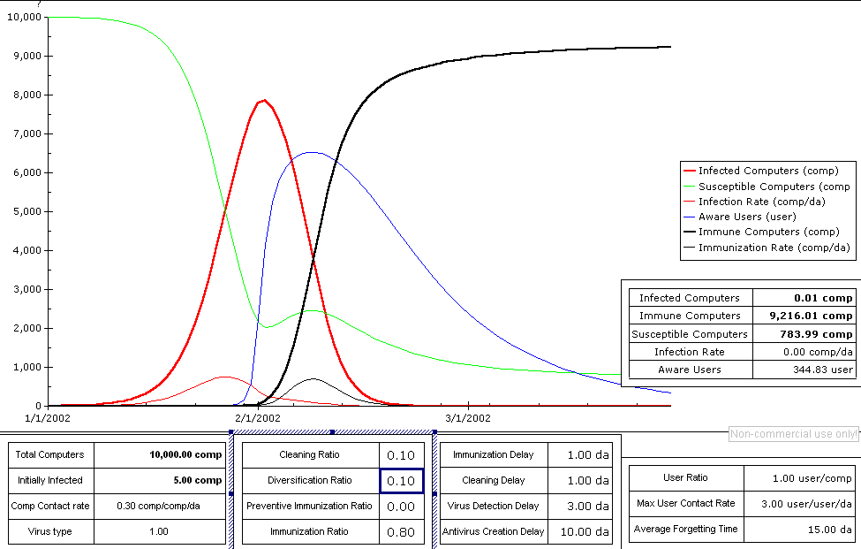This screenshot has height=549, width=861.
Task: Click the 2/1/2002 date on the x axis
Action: [257, 417]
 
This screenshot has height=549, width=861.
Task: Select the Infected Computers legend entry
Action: [767, 171]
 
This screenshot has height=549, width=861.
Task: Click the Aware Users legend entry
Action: [747, 217]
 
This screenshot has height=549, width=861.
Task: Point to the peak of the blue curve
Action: [312, 152]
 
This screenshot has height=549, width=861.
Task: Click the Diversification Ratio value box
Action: [401, 481]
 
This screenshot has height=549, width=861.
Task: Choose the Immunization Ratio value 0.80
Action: [401, 532]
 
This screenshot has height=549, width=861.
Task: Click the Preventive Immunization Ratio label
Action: [309, 507]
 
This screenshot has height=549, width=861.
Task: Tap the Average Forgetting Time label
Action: [685, 530]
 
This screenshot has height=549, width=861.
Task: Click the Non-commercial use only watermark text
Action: [793, 434]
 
